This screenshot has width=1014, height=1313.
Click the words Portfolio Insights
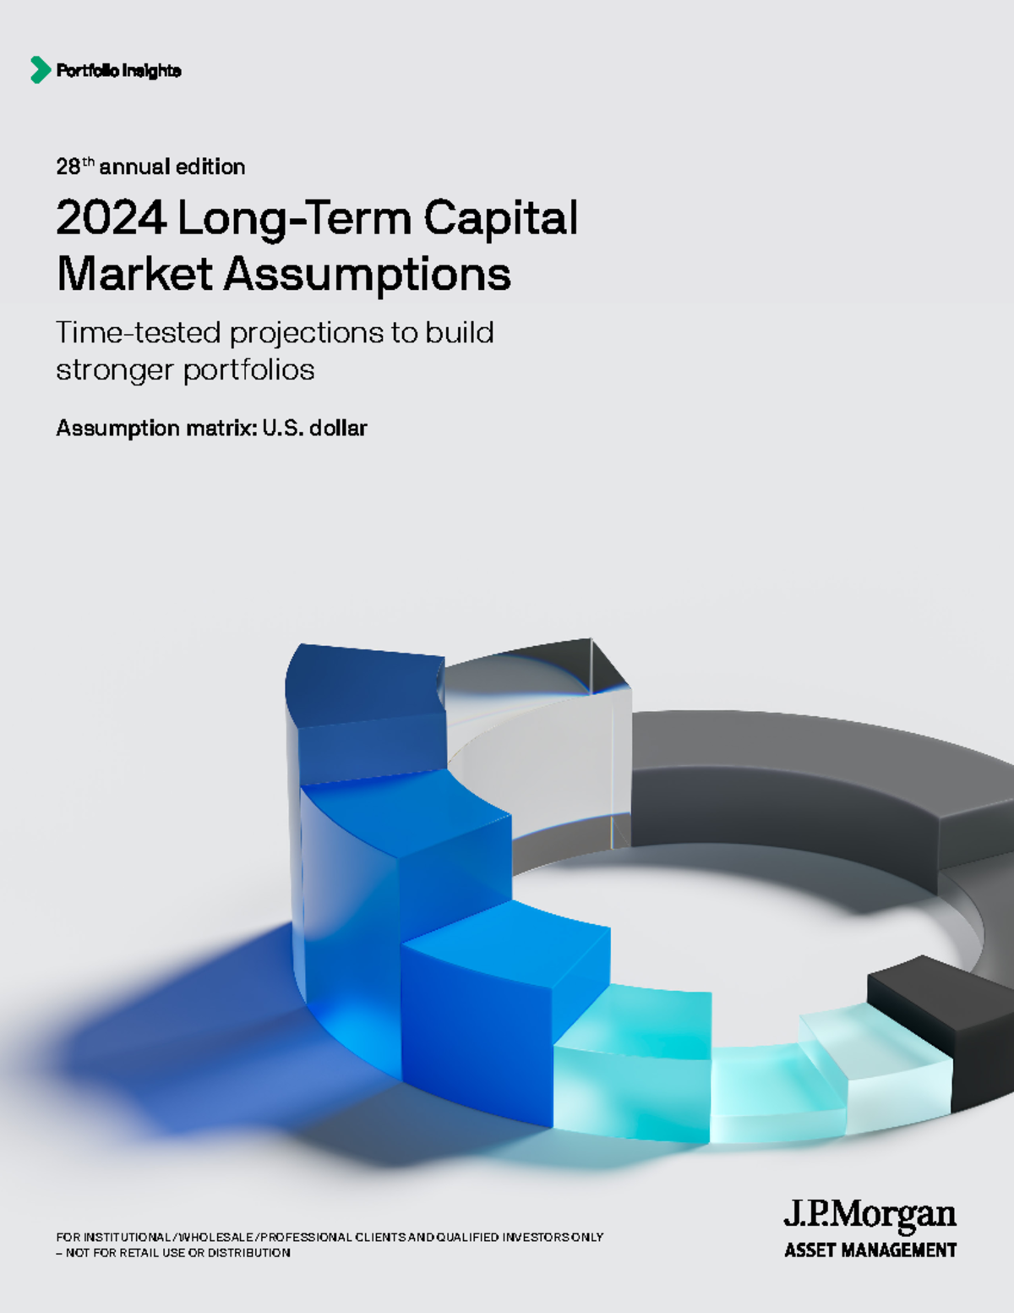(x=118, y=71)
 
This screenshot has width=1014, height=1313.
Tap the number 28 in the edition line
(x=68, y=167)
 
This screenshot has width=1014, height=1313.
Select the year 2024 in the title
(x=111, y=218)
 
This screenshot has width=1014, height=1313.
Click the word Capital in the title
(x=500, y=218)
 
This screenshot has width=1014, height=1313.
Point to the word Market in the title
(x=134, y=274)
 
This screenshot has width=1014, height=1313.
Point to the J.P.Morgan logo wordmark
(x=870, y=1216)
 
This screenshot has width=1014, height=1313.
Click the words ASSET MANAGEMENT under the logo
(x=870, y=1250)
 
